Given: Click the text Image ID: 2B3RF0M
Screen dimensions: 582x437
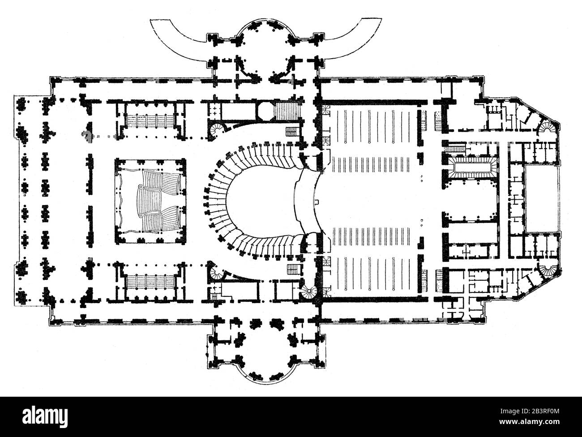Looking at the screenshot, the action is click(x=530, y=411).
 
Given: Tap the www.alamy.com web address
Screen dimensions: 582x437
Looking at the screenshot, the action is click(x=529, y=422).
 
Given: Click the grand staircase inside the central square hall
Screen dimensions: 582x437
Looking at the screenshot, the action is click(x=150, y=201).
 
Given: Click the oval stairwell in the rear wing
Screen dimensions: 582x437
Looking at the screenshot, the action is click(x=470, y=167).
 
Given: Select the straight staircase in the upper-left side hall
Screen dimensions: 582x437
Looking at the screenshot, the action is click(x=150, y=120).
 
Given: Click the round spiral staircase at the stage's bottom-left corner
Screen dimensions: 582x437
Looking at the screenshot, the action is click(x=309, y=292).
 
